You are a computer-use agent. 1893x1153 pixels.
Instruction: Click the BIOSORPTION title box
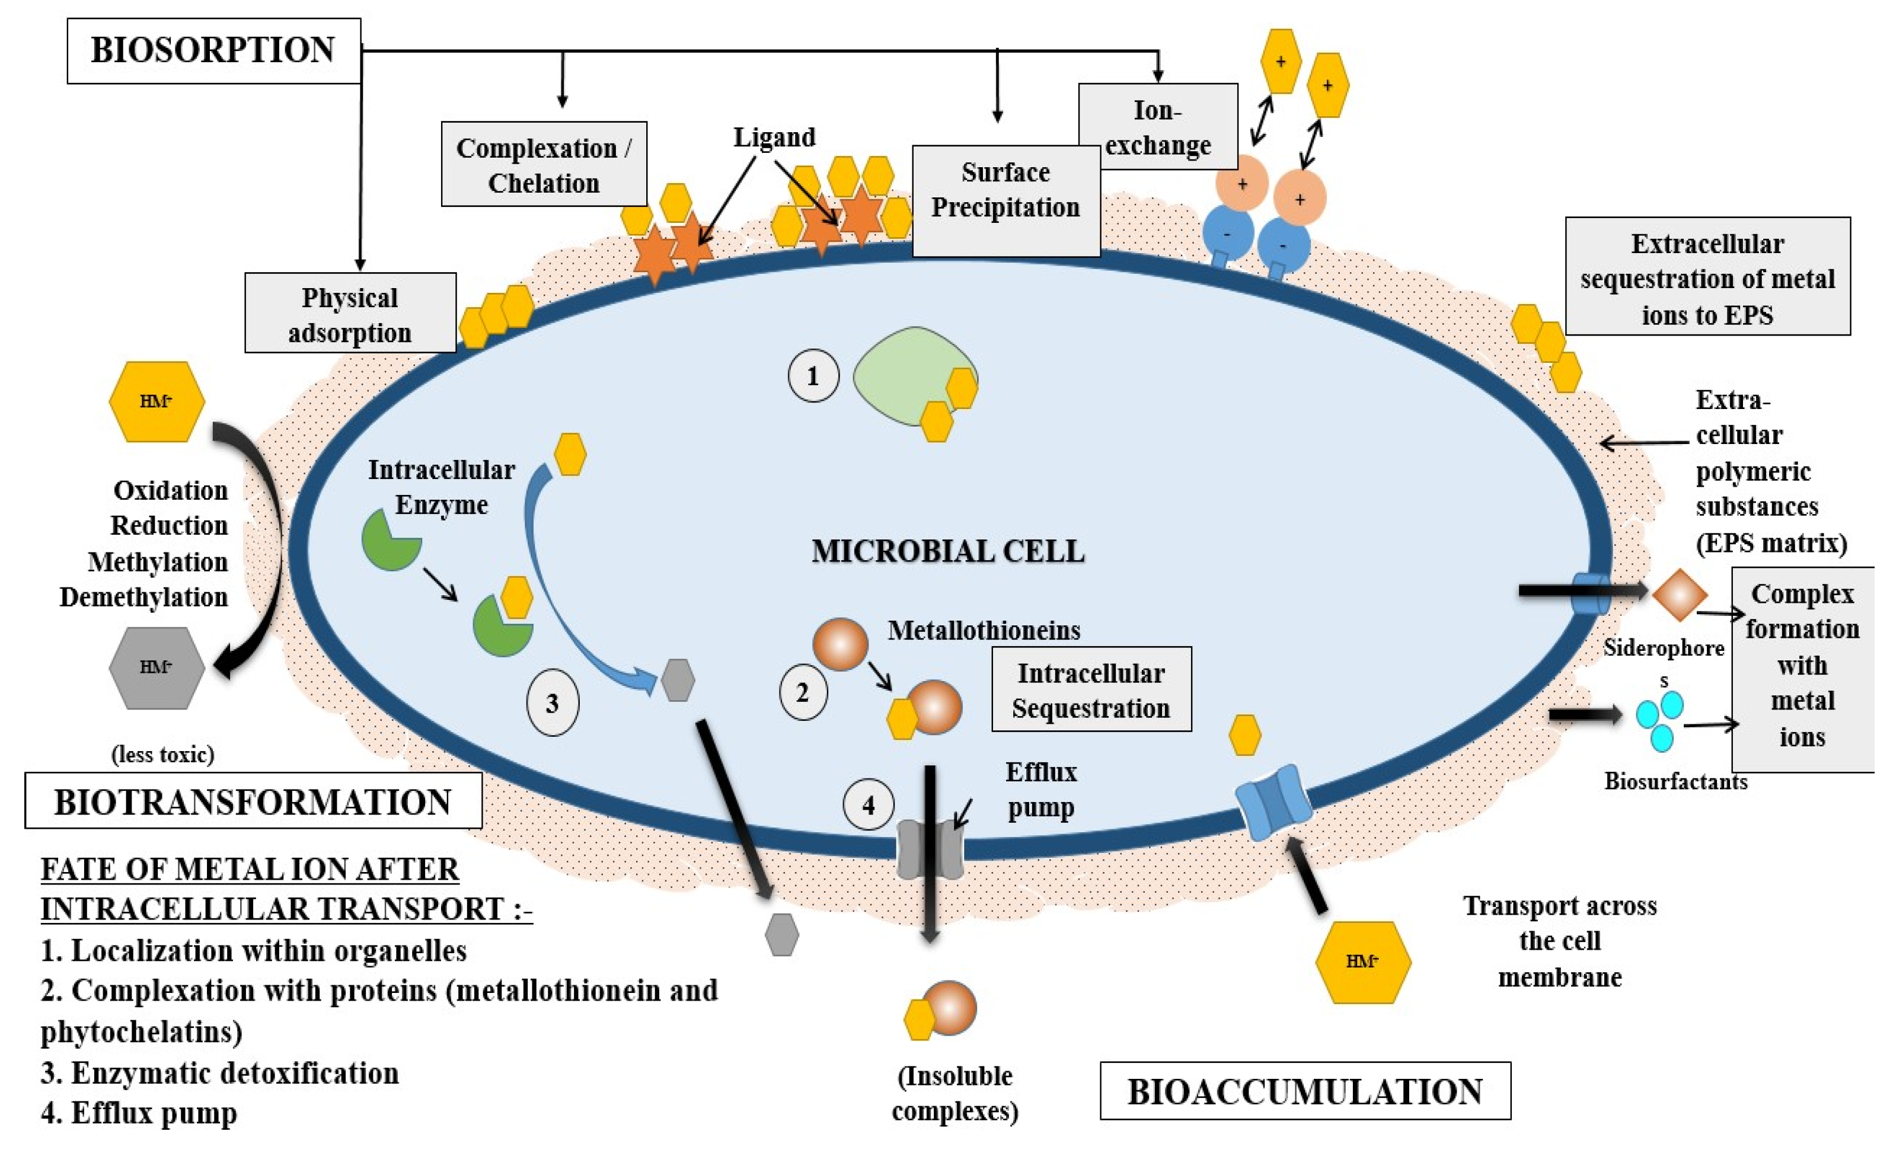point(215,51)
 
